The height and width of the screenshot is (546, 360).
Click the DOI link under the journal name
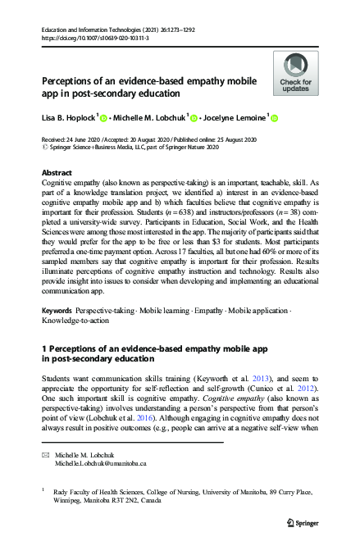(x=90, y=38)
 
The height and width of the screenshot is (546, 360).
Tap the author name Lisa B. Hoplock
(x=70, y=118)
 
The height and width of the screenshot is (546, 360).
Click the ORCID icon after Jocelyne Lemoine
(x=275, y=118)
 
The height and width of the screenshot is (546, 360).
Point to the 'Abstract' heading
(x=57, y=173)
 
